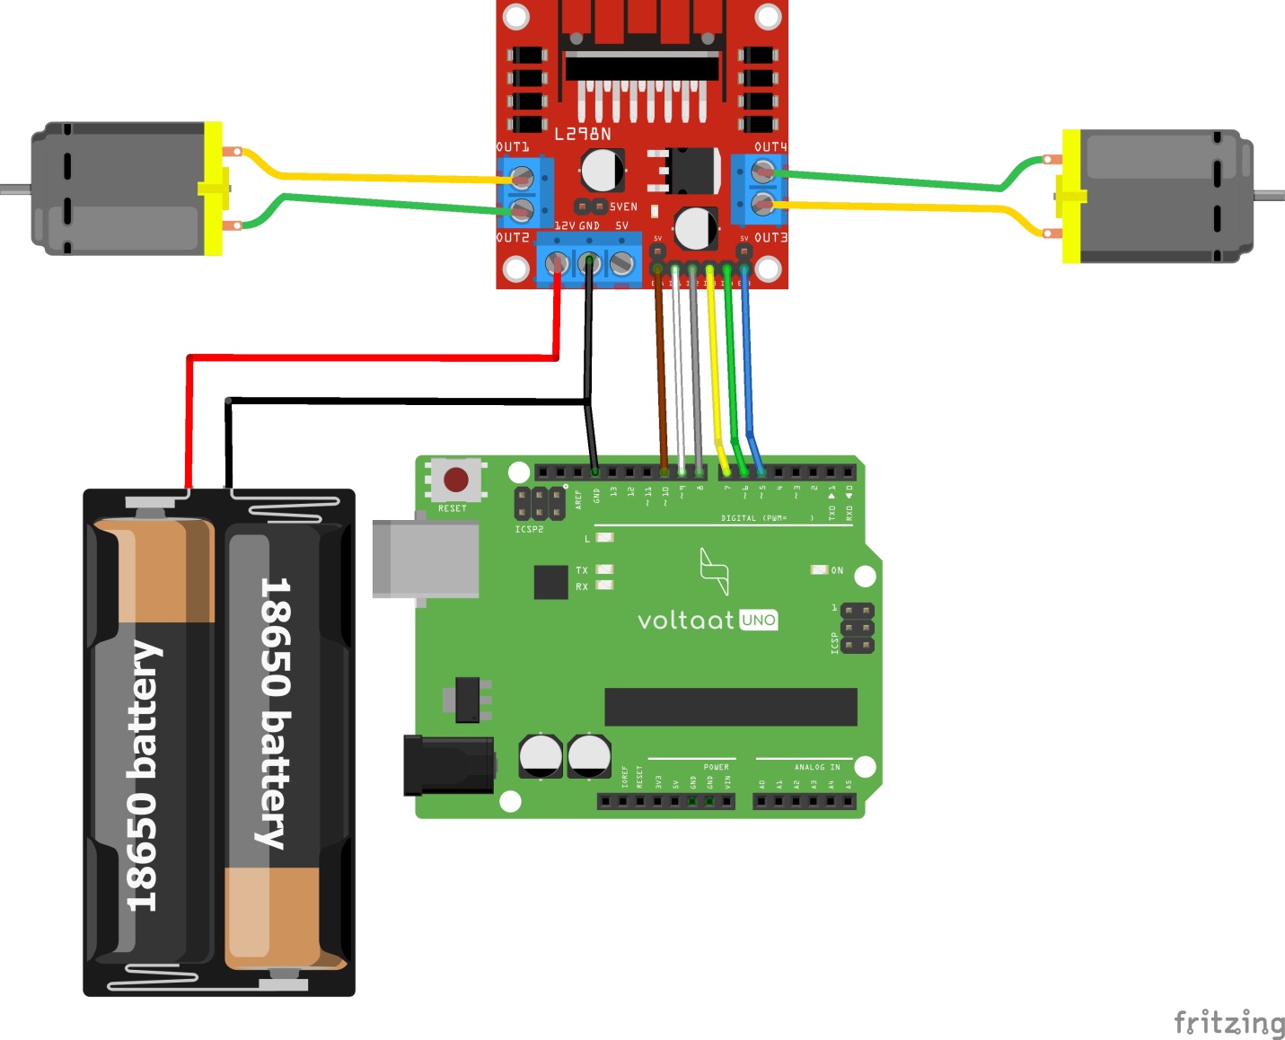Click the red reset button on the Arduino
coord(456,480)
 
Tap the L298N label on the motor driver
coord(582,135)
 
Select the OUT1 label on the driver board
coord(513,146)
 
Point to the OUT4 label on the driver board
coord(770,146)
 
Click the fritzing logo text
coord(1228,1022)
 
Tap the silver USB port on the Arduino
coord(426,558)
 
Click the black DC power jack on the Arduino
coord(448,764)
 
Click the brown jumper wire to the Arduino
coord(661,377)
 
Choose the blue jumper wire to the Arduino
coord(747,377)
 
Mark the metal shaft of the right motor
coord(1268,195)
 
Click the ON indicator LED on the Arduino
coord(818,570)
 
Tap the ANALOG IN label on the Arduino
coord(816,767)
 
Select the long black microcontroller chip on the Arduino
coord(730,707)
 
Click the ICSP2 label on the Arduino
coord(529,530)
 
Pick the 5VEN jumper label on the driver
coord(623,207)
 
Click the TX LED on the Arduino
coord(604,569)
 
